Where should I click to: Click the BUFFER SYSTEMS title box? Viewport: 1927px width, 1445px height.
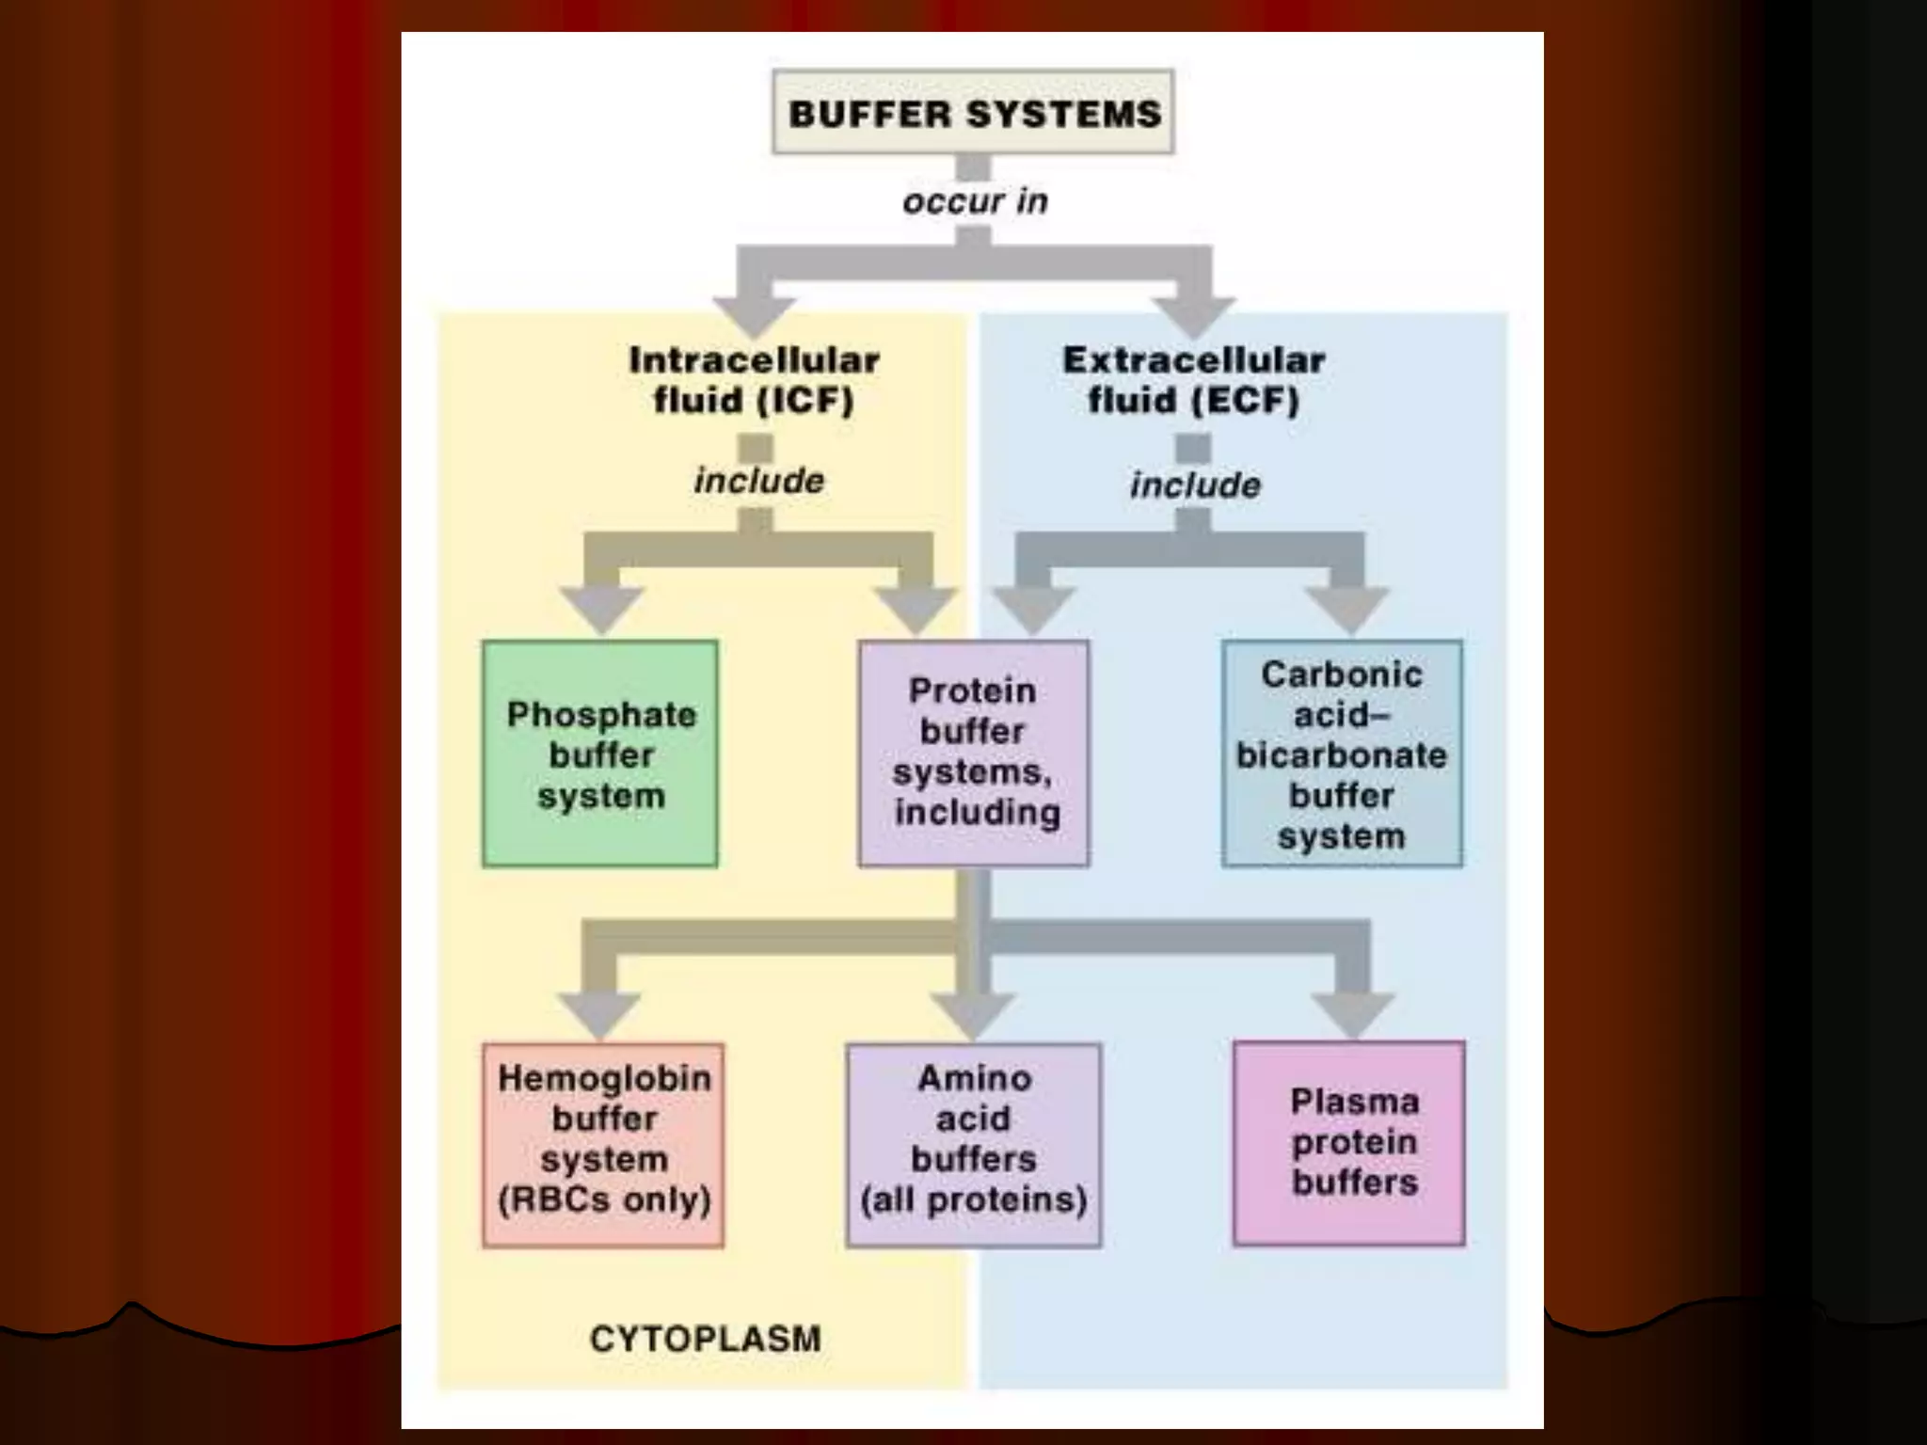[x=973, y=112]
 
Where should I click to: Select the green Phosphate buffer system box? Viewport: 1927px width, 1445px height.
[x=600, y=754]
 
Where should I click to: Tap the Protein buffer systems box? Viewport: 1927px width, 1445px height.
[x=974, y=753]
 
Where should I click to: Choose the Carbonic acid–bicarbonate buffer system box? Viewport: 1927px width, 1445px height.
[x=1342, y=754]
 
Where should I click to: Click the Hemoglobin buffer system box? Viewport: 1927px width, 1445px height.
[x=603, y=1145]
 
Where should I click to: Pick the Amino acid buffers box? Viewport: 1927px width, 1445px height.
[x=974, y=1145]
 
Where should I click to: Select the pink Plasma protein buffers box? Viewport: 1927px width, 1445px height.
[x=1349, y=1143]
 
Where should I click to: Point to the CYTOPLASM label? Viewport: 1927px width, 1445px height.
[x=705, y=1339]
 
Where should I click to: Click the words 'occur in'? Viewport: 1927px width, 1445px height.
[x=975, y=201]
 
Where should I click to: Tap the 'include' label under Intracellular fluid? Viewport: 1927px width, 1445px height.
[x=758, y=481]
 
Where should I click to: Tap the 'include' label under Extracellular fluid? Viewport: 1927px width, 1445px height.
[x=1195, y=485]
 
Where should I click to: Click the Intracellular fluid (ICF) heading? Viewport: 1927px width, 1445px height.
[x=755, y=380]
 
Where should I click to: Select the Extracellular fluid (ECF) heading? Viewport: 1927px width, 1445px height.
[x=1194, y=380]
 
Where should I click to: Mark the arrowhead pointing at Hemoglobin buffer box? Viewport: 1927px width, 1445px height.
[x=599, y=1014]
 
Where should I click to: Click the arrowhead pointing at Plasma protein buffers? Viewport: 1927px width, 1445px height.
[x=1353, y=1014]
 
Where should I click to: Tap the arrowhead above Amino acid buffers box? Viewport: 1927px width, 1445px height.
[x=973, y=1014]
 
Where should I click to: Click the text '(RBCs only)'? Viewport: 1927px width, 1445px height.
[x=603, y=1200]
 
